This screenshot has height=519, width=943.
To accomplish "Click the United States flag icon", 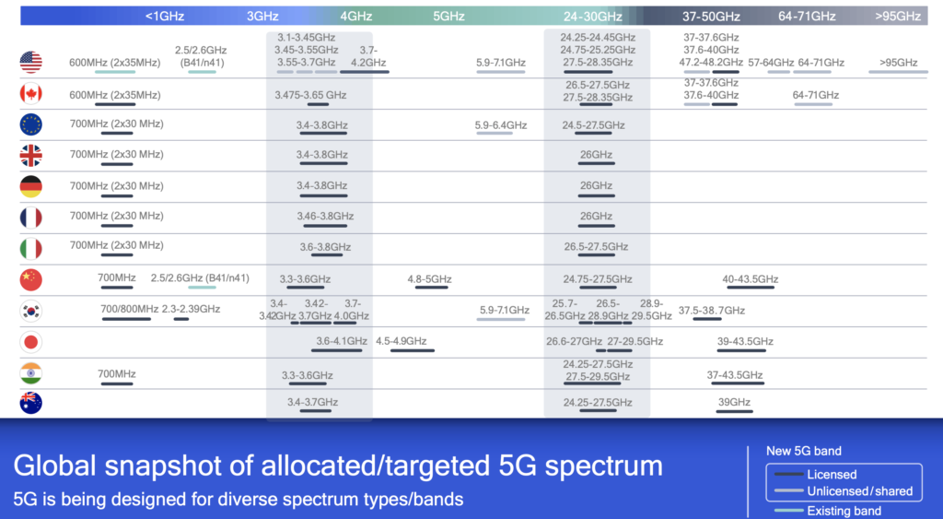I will coord(31,63).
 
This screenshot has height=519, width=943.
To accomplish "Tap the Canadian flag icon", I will coord(31,94).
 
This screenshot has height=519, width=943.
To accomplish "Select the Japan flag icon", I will coord(31,342).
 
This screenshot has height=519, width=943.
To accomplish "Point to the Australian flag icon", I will coord(31,403).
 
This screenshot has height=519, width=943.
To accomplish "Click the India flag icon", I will coord(31,373).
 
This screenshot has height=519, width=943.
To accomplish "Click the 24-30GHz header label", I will coord(593,16).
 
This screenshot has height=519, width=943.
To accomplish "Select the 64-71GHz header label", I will coord(807,16).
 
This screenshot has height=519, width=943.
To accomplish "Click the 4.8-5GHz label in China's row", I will coord(430,279).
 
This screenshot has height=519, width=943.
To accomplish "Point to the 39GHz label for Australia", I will coord(734,403).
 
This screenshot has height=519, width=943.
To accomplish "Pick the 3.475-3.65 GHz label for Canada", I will coord(310,95).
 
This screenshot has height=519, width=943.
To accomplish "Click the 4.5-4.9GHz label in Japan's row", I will coord(402,341).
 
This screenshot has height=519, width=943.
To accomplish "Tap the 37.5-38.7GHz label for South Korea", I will coord(712,311).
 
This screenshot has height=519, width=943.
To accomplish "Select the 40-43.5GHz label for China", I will coord(751,279).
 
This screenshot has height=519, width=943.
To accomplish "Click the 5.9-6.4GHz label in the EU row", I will coord(501,125).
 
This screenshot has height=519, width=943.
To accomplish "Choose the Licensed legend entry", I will coord(832,475).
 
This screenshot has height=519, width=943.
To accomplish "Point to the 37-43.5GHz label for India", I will coord(735,375).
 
